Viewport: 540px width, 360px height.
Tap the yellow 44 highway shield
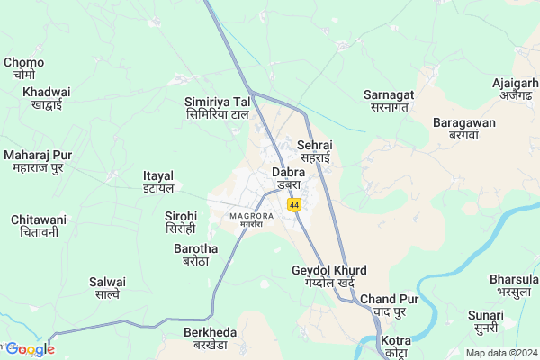click(x=294, y=206)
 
